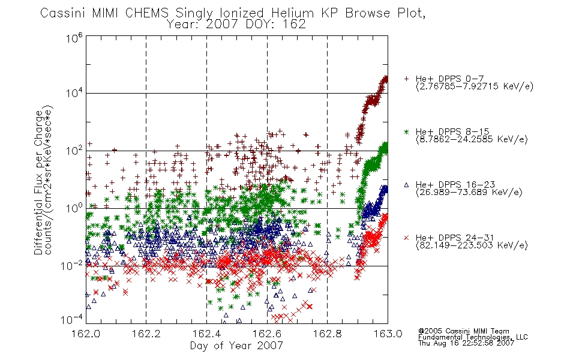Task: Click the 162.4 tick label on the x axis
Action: [x=206, y=334]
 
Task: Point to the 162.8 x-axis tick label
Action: [x=328, y=334]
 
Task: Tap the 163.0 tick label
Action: [x=388, y=334]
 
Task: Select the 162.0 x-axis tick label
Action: [x=86, y=334]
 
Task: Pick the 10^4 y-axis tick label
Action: [x=74, y=93]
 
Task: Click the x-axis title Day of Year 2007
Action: [x=236, y=345]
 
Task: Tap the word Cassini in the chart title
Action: [x=63, y=13]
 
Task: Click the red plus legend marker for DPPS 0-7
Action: [x=406, y=79]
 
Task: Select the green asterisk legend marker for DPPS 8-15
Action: [x=406, y=131]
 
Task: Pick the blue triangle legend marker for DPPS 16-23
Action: [x=406, y=185]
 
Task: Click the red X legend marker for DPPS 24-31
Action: [x=406, y=238]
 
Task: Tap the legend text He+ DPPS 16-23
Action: [x=455, y=184]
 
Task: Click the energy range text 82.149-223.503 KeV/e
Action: [x=472, y=245]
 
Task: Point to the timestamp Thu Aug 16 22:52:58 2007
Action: [x=466, y=343]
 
